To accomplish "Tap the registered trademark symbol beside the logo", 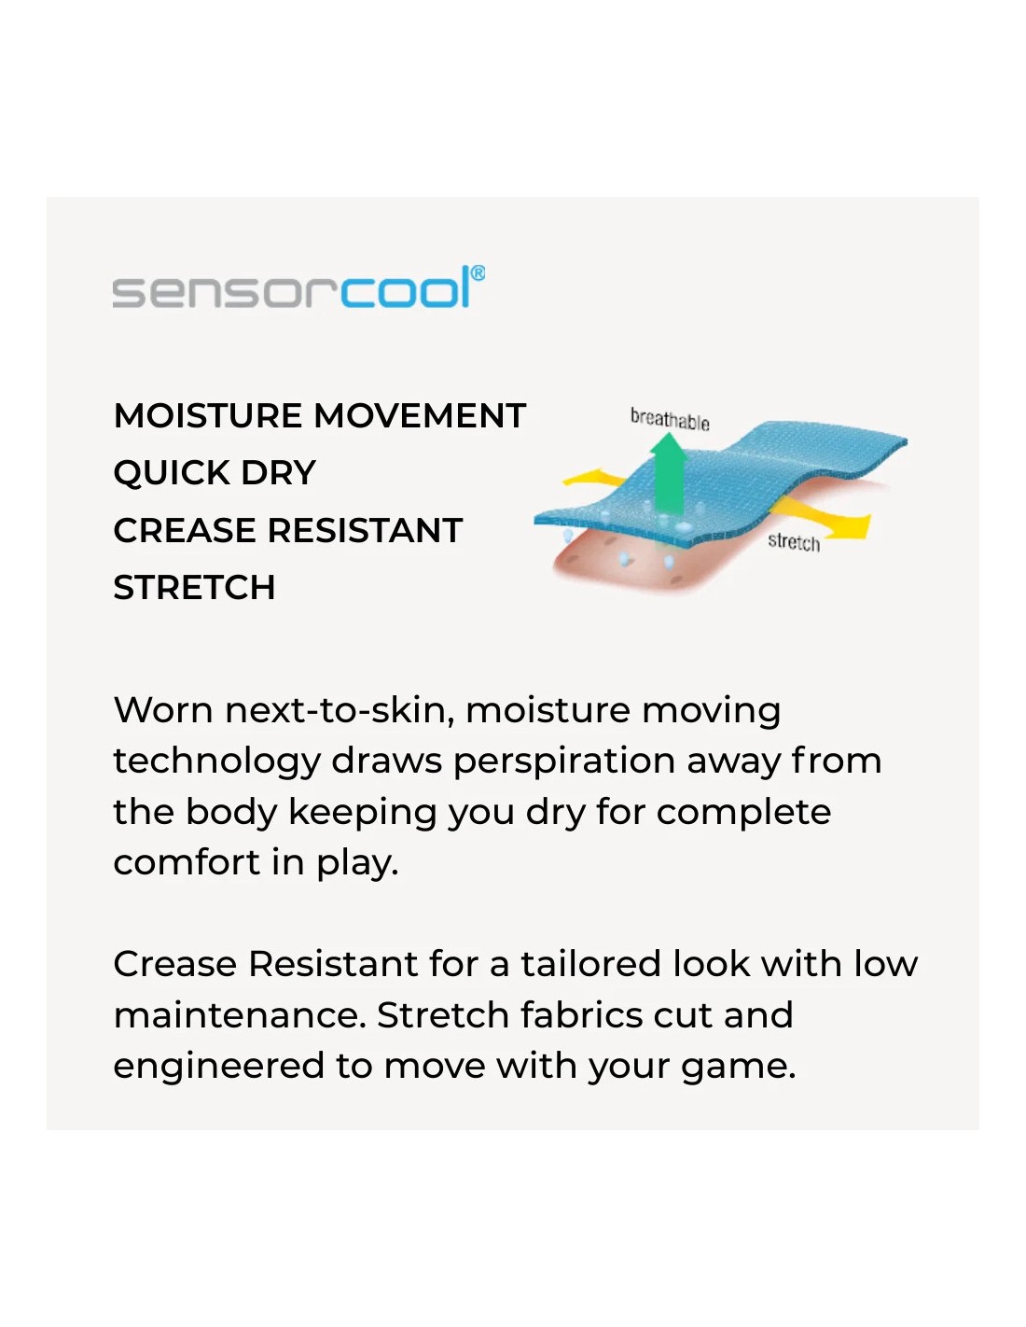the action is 478,272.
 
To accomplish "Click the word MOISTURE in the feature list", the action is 207,416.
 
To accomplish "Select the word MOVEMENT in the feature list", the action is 420,416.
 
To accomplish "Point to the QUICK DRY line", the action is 215,473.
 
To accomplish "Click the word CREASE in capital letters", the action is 186,530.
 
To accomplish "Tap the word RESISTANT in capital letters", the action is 366,530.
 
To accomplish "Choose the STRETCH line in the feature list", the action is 194,588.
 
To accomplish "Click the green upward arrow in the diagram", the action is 669,472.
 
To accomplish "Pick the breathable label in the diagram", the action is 670,420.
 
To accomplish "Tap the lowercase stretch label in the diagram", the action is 794,541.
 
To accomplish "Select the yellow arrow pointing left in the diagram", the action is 593,478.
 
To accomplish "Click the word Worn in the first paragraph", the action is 163,710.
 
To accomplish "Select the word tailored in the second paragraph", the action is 590,964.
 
